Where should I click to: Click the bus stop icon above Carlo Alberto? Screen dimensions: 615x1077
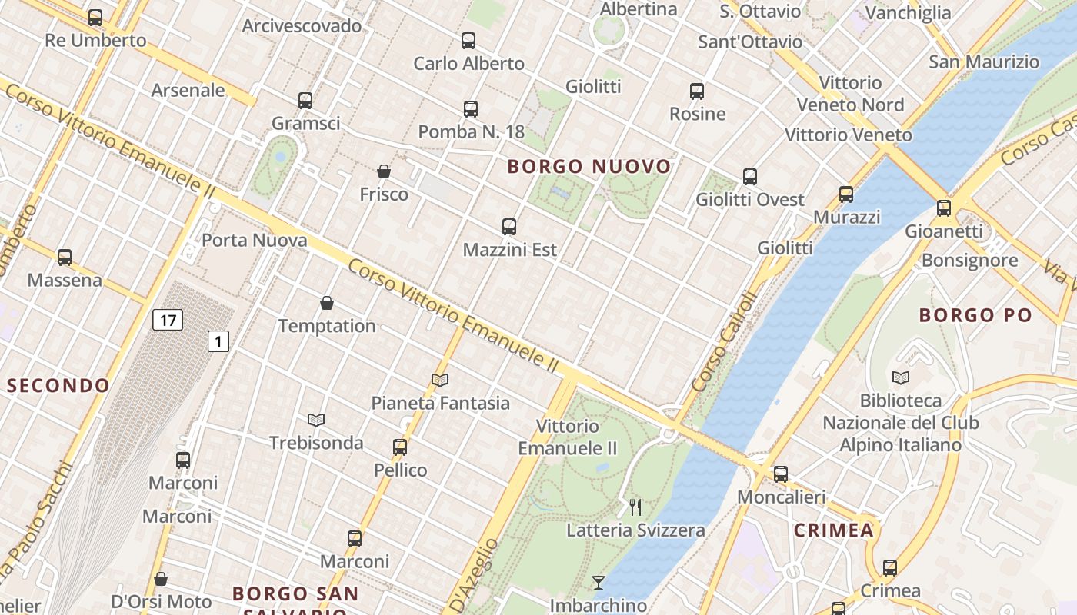coord(468,41)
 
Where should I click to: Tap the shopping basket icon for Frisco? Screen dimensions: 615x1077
coord(384,171)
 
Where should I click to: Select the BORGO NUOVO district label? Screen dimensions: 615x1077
coord(589,166)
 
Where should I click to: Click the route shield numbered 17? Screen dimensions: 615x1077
coord(167,319)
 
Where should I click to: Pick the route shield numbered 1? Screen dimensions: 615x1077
coord(218,341)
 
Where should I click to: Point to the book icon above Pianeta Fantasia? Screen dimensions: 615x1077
coord(440,380)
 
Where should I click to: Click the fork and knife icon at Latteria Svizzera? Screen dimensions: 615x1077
coord(635,507)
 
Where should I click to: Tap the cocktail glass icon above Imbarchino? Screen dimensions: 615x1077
coord(598,582)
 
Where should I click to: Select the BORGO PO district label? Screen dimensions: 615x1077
coord(975,314)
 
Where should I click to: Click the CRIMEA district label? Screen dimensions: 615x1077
coord(834,530)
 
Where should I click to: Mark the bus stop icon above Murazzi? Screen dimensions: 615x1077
coord(846,194)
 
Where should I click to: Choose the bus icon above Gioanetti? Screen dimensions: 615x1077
coord(944,208)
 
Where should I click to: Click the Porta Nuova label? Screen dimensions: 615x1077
coord(255,240)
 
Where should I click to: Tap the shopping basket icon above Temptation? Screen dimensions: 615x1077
coord(327,303)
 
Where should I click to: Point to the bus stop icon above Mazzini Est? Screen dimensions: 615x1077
coord(509,227)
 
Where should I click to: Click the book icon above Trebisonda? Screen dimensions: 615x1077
coord(316,420)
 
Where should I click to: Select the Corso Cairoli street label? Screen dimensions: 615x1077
coord(725,341)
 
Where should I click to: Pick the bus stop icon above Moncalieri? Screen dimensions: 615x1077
coord(781,474)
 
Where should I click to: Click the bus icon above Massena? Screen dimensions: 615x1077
coord(65,258)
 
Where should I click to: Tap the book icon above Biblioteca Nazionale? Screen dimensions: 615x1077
coord(901,377)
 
